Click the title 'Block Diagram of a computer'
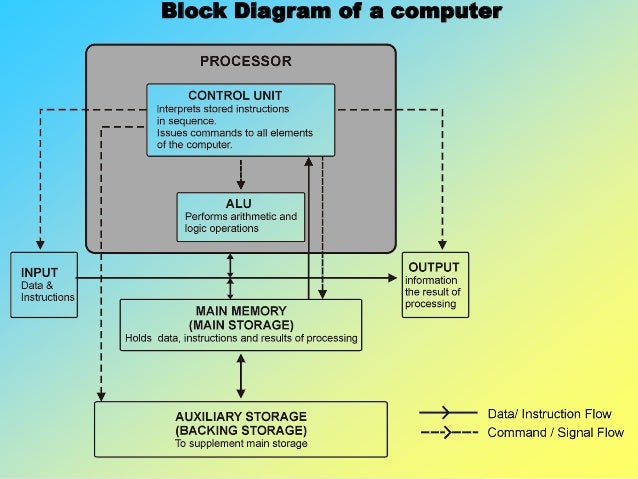[331, 12]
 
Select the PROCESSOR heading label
[246, 61]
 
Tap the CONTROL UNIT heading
[240, 96]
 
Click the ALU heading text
[238, 203]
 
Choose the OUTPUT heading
[434, 267]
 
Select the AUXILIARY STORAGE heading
[240, 416]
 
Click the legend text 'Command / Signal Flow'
[555, 433]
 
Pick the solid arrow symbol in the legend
[448, 413]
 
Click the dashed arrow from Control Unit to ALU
[240, 174]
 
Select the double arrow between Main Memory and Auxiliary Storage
[240, 376]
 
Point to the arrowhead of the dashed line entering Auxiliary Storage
[99, 396]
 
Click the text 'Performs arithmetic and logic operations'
[240, 222]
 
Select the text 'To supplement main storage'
[240, 443]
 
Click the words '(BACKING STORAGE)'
[240, 430]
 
